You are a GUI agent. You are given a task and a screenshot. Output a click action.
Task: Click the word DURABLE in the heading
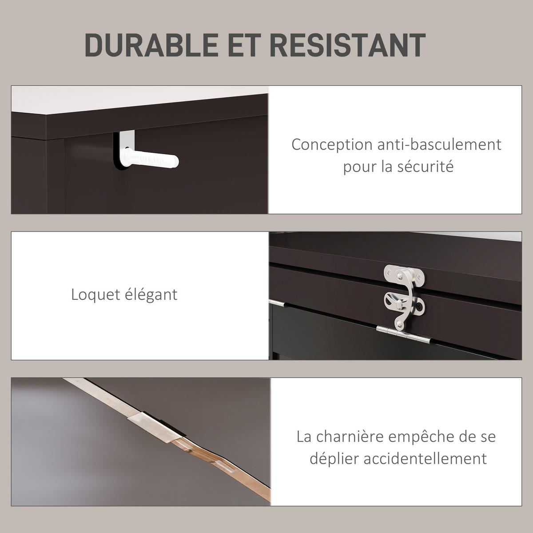[x=152, y=45]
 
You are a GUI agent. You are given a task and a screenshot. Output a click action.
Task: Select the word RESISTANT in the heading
[x=347, y=45]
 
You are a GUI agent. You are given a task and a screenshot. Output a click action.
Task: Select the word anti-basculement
[x=440, y=144]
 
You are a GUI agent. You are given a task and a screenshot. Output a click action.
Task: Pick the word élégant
[x=151, y=295]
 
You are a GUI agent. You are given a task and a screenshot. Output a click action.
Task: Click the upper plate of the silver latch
[x=404, y=275]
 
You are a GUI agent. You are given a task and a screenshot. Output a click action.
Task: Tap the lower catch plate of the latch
[x=404, y=304]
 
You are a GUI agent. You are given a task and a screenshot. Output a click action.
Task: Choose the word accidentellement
[x=425, y=459]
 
